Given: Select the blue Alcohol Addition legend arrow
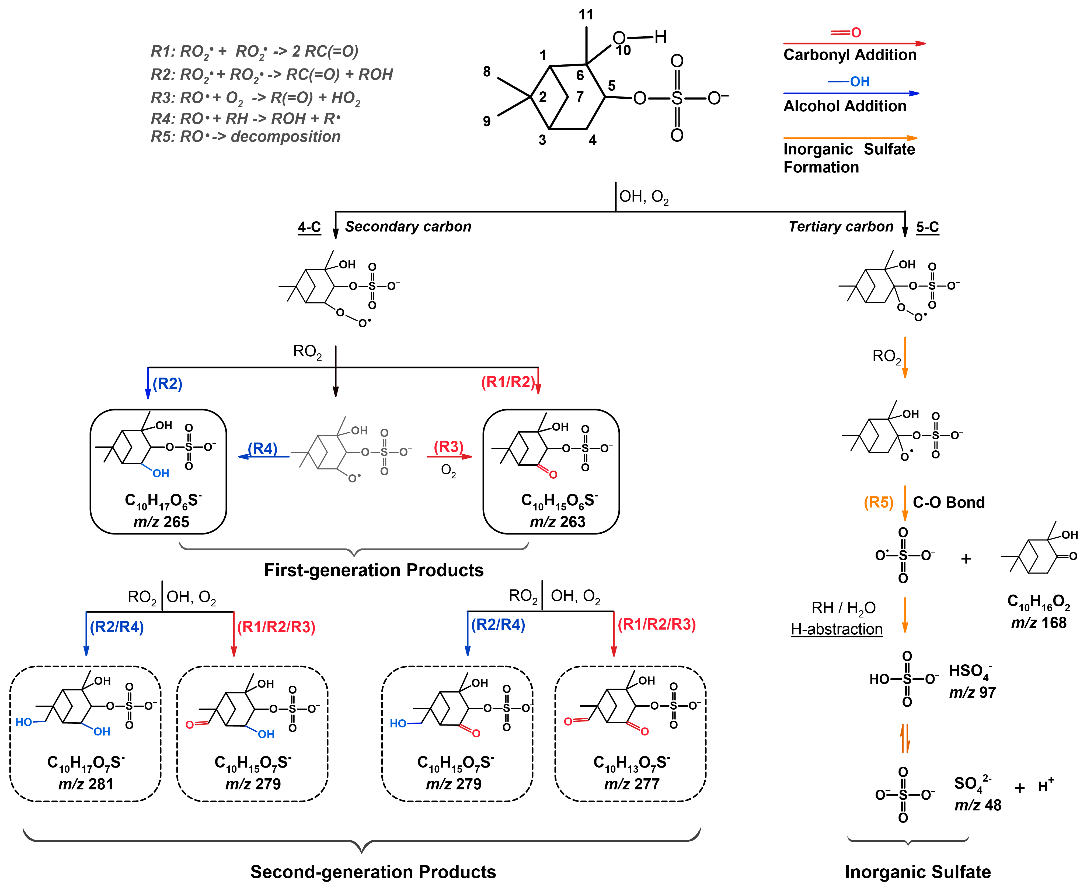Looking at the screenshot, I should [x=851, y=94].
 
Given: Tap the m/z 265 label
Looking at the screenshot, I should [x=161, y=522].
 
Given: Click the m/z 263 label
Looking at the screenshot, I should [x=558, y=522].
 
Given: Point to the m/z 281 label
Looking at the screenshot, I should [x=86, y=784].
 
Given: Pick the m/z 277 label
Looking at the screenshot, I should [x=632, y=784].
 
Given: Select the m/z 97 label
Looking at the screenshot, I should [x=972, y=693].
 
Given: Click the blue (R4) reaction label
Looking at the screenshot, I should [x=263, y=448].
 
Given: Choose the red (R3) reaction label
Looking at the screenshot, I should [x=448, y=447].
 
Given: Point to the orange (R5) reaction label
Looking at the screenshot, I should [x=878, y=502].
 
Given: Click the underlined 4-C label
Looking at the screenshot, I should [x=309, y=227].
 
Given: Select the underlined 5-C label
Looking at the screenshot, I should [x=928, y=227].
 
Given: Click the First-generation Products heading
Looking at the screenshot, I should [x=374, y=570].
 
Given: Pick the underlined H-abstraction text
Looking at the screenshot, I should [x=837, y=629].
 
